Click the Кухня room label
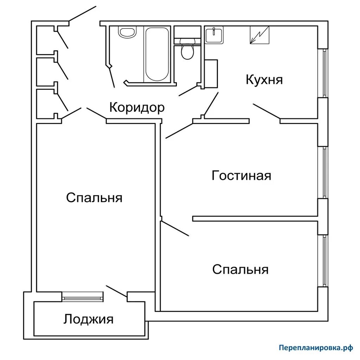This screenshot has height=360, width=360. click(x=264, y=79)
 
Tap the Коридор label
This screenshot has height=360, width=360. click(x=137, y=107)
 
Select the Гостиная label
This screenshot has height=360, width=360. click(x=242, y=175)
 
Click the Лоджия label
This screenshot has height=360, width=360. click(x=89, y=319)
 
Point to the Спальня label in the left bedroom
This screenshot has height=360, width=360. click(x=94, y=198)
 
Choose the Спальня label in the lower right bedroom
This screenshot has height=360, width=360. click(x=240, y=270)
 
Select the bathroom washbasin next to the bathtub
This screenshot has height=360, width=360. click(x=127, y=33)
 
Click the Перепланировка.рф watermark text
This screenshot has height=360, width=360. click(x=315, y=348)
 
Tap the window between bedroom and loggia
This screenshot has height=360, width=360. click(x=83, y=297)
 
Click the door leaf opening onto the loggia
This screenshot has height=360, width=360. click(x=116, y=291)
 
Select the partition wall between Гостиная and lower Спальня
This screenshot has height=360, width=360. click(x=255, y=219)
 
